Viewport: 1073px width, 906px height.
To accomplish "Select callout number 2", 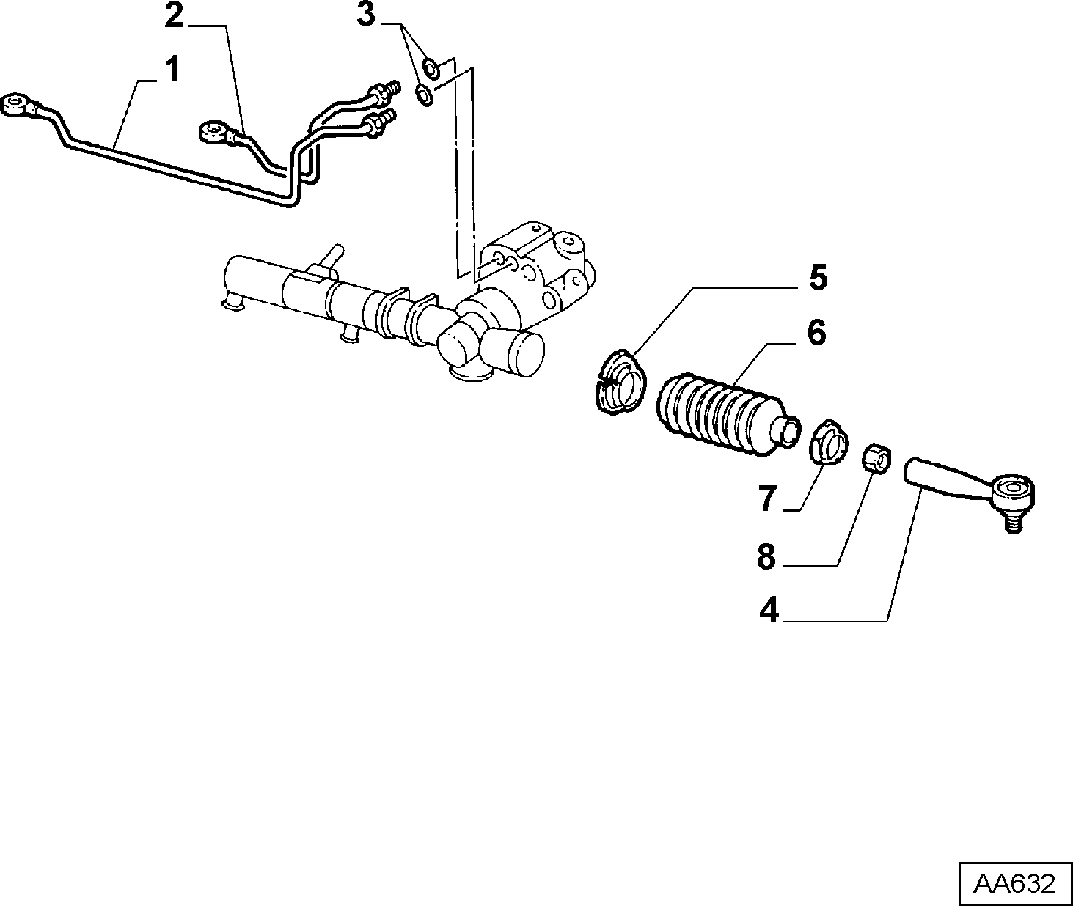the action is pyautogui.click(x=175, y=16).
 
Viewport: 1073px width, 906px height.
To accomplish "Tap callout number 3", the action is pyautogui.click(x=367, y=15).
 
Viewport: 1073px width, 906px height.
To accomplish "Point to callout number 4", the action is pyautogui.click(x=769, y=611).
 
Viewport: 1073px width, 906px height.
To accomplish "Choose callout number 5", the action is pyautogui.click(x=818, y=277).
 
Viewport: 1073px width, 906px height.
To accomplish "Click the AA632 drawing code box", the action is pyautogui.click(x=1015, y=883).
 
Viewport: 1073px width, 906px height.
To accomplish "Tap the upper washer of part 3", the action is pyautogui.click(x=430, y=69).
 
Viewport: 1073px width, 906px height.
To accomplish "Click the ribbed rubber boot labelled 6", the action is pyautogui.click(x=728, y=416).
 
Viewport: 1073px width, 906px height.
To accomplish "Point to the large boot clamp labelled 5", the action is pyautogui.click(x=618, y=382).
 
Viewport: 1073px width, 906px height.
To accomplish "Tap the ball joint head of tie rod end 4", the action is pyautogui.click(x=1012, y=491).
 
